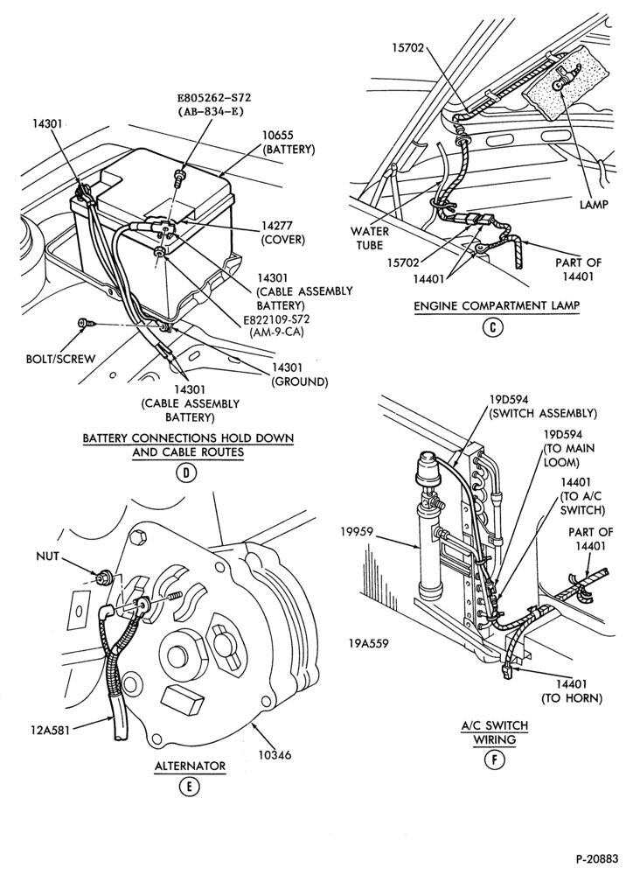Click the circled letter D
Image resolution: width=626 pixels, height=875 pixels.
click(186, 473)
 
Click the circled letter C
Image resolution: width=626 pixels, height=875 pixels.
click(492, 327)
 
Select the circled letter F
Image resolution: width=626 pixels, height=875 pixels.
click(494, 760)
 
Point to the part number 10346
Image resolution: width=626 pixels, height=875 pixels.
click(274, 755)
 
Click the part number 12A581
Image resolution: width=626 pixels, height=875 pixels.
click(51, 729)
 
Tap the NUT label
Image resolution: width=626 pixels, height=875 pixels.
click(47, 556)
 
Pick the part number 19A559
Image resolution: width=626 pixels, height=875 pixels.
click(369, 643)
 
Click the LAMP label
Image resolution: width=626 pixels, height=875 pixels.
click(594, 204)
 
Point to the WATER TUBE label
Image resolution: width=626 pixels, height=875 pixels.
click(370, 238)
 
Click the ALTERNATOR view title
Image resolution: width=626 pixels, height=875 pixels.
click(190, 766)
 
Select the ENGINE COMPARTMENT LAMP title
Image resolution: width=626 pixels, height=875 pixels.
click(497, 305)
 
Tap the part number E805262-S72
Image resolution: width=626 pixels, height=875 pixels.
click(214, 97)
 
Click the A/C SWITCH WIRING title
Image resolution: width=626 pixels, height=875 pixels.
click(495, 732)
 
